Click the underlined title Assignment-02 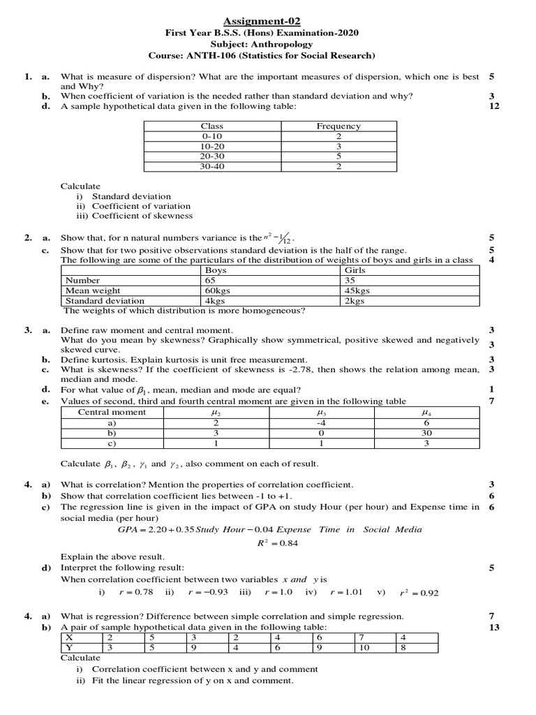(x=267, y=22)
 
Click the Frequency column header (x=338, y=126)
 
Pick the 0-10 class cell (x=211, y=137)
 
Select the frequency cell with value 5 (x=338, y=157)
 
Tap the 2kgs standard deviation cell (x=356, y=301)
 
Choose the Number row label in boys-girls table (x=82, y=280)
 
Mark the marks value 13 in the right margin (x=495, y=627)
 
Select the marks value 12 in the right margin (x=495, y=106)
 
